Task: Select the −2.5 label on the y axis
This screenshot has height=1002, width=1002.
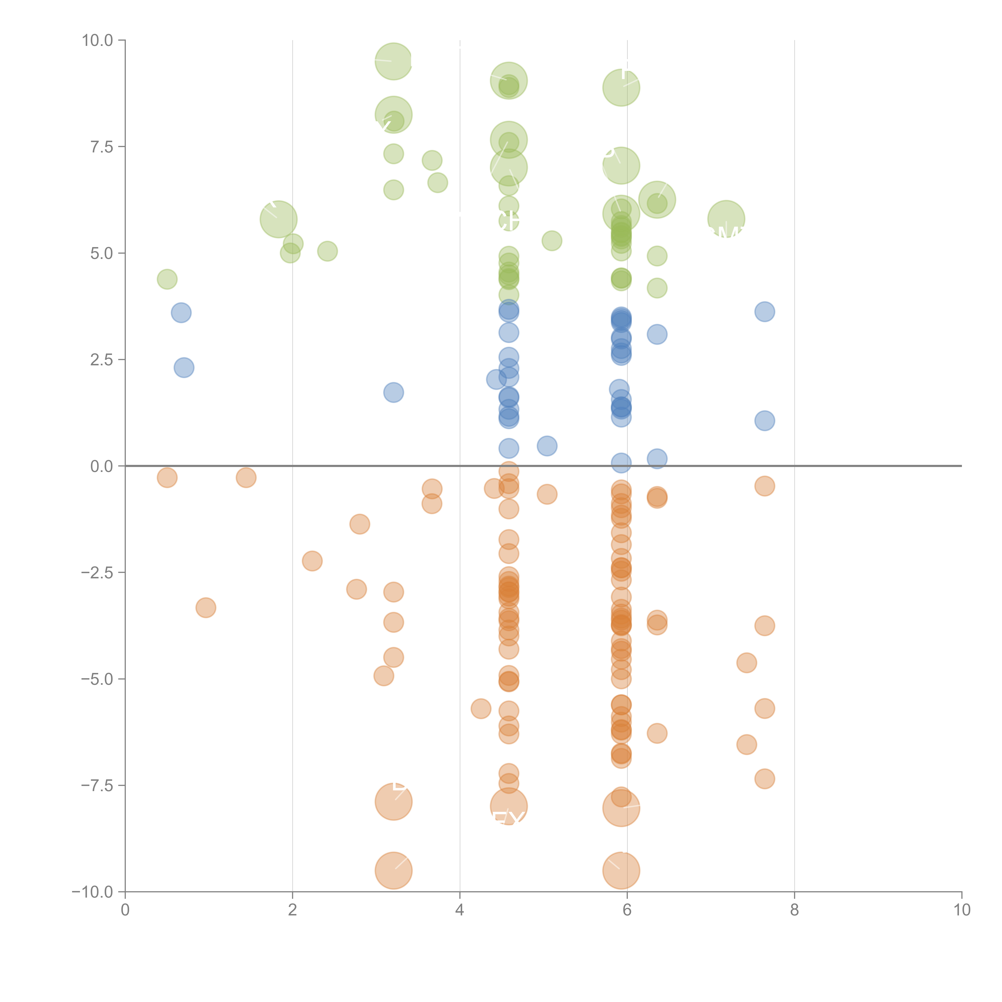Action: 97,573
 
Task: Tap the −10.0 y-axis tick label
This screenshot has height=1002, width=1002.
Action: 92,892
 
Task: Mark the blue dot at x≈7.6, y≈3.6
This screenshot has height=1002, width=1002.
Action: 765,312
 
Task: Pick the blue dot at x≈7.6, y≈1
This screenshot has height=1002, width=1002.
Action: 765,421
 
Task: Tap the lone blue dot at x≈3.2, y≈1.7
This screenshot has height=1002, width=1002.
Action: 394,393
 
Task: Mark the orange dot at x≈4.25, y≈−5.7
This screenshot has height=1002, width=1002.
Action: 481,708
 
